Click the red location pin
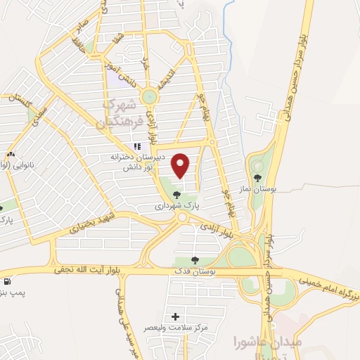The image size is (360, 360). [181, 165]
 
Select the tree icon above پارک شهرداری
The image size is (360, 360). [176, 195]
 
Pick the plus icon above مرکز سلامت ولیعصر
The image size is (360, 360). [175, 317]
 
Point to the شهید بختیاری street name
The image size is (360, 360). [91, 224]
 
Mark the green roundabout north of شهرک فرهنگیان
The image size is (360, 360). [150, 96]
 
